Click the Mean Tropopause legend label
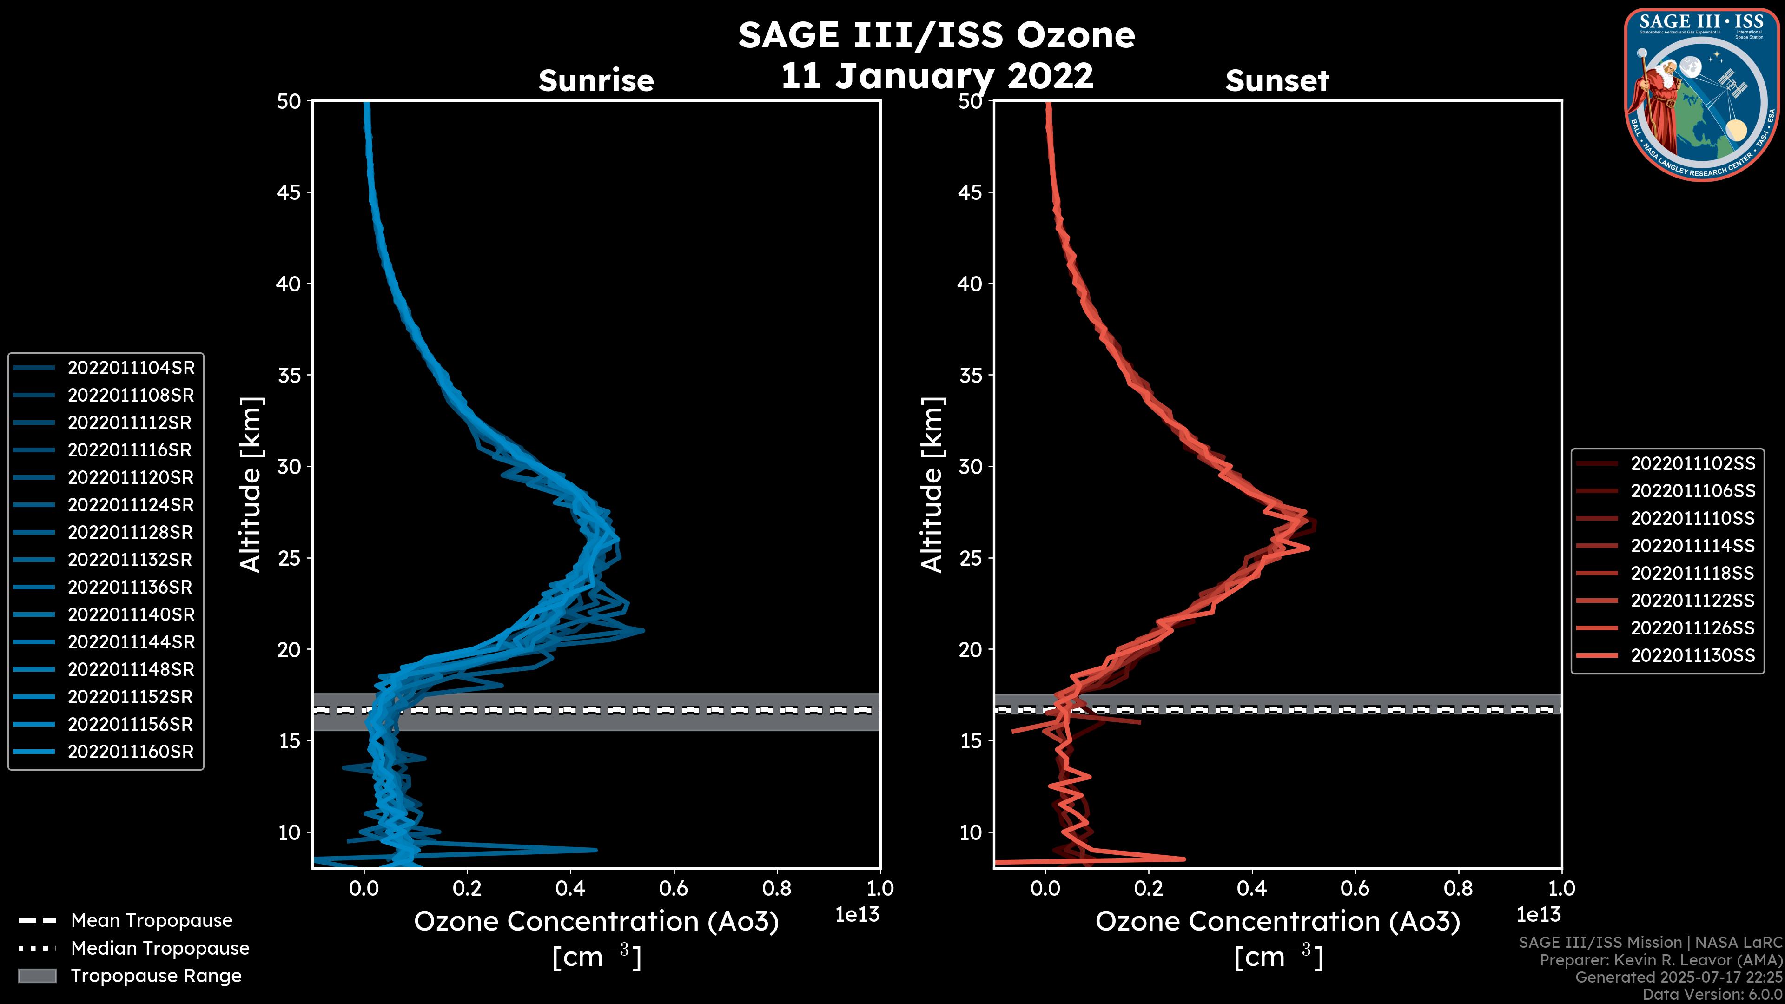click(152, 921)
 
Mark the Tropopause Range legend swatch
click(37, 976)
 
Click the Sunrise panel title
click(596, 80)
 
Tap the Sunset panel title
click(1277, 80)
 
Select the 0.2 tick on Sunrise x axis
click(467, 888)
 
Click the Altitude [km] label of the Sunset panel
click(932, 485)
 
